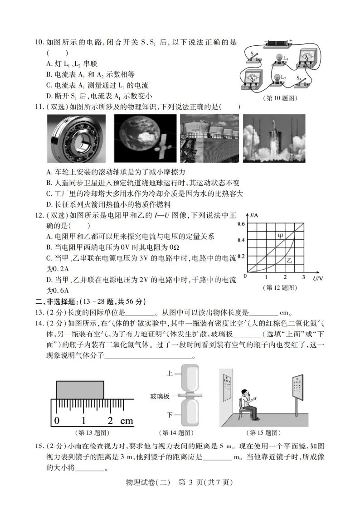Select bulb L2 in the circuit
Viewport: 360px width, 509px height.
tap(274, 79)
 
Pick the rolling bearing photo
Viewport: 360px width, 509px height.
tap(76, 138)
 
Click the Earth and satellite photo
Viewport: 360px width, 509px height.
tap(145, 138)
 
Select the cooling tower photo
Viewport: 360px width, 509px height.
tap(209, 138)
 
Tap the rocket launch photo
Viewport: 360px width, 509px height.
tap(274, 138)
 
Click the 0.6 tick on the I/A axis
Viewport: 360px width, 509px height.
tap(240, 224)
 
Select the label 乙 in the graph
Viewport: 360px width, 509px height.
tap(290, 261)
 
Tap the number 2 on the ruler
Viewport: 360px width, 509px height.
tap(110, 421)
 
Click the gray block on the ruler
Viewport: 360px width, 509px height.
tap(81, 390)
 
